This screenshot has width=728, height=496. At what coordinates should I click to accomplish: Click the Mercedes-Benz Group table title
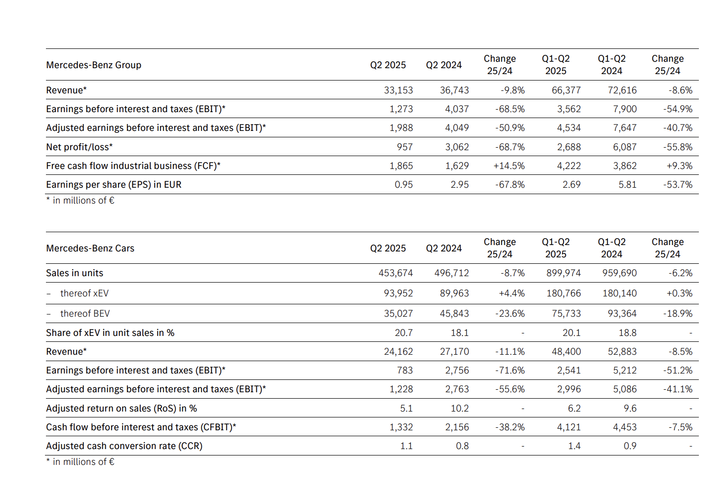point(94,65)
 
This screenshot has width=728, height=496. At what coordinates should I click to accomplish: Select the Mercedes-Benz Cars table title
point(90,248)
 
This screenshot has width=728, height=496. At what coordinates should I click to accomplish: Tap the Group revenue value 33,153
point(399,90)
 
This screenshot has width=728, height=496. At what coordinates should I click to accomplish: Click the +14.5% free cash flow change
point(509,166)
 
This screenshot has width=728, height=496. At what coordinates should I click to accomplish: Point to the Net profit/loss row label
point(80,147)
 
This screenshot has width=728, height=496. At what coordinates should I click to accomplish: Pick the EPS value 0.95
point(404,185)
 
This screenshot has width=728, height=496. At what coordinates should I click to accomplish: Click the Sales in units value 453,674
point(396,273)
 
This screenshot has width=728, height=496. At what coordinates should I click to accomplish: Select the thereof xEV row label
point(84,293)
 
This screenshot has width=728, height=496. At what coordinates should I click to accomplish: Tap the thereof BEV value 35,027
point(399,314)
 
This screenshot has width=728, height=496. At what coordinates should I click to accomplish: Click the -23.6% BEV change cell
point(510,314)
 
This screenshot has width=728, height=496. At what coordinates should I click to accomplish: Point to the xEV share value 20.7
point(404,333)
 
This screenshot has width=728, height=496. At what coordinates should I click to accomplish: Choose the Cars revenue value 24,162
point(399,352)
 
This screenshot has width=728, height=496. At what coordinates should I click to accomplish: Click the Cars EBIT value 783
point(404,371)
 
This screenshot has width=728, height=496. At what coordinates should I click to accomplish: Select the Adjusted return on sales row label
point(121,408)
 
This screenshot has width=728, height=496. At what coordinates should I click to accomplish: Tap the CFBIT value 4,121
point(569,427)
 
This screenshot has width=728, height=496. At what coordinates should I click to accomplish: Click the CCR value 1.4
point(574,446)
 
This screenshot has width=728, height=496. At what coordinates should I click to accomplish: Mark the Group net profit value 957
point(404,147)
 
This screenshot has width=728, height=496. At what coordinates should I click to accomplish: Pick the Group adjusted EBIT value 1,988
point(401,128)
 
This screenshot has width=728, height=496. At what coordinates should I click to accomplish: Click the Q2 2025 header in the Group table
point(388,65)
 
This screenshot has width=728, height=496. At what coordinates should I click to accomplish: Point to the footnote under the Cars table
point(81,462)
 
